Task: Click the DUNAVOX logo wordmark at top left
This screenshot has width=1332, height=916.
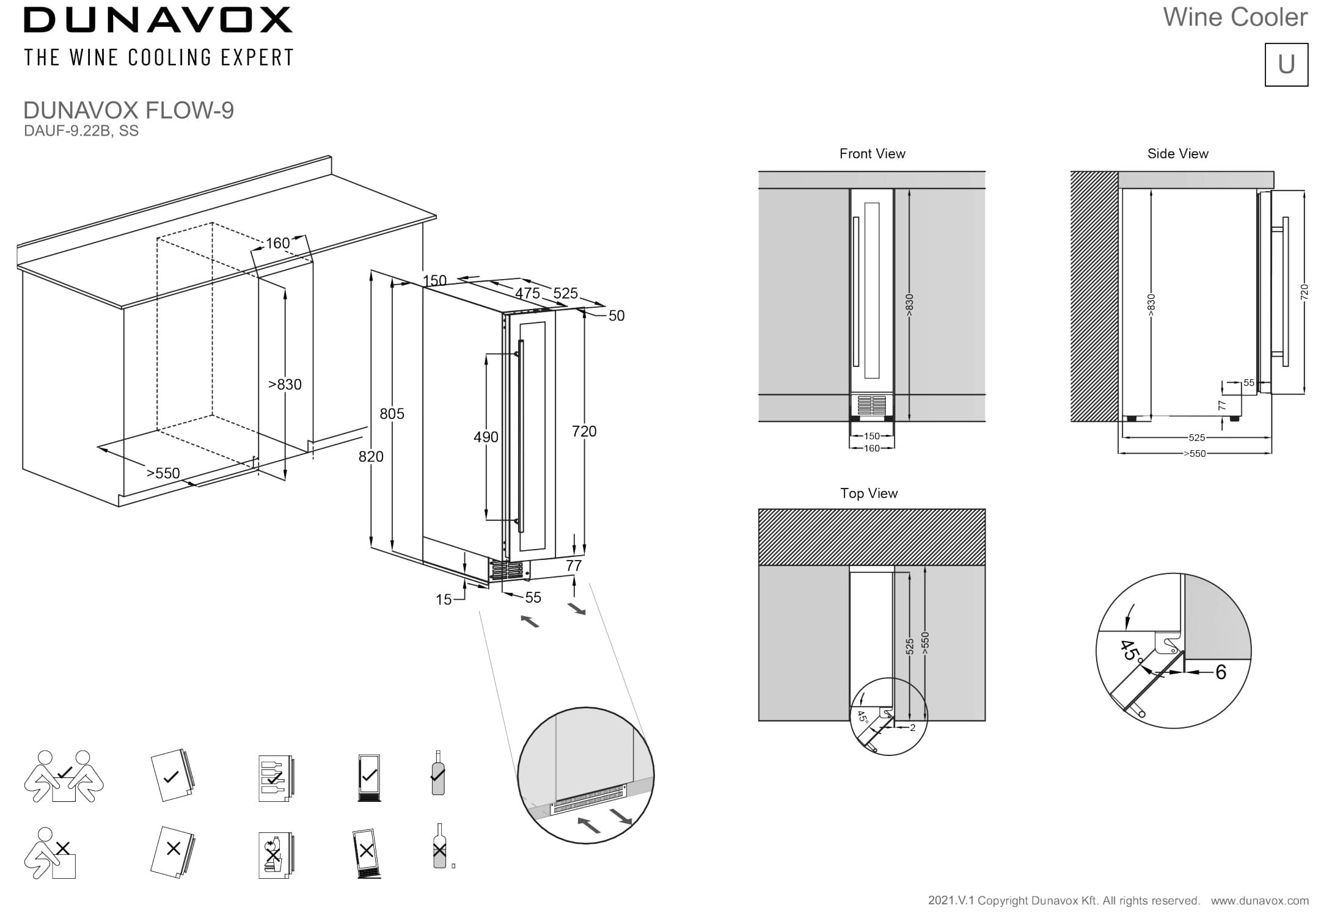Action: coord(158,20)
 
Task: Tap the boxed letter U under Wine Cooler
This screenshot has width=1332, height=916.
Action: coord(1286,64)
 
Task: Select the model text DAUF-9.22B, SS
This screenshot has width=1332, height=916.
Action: coord(81,131)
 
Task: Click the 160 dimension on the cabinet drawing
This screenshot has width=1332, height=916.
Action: coord(277,243)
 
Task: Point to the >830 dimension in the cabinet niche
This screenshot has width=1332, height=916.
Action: coord(285,385)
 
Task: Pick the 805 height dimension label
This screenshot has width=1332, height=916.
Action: coord(392,414)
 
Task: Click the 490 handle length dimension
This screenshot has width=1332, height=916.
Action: coord(486,437)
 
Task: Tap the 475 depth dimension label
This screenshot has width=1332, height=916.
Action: coord(527,293)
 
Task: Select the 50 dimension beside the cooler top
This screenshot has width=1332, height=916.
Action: coord(617,316)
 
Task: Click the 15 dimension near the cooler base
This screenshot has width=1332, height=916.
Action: coord(444,600)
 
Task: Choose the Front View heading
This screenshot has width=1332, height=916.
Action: coord(872,154)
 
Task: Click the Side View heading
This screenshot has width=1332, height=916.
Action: coord(1177,154)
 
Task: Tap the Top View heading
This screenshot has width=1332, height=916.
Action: coord(869,493)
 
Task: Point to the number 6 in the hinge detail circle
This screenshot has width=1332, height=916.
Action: coord(1220,672)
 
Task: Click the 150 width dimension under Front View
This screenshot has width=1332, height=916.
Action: coord(872,436)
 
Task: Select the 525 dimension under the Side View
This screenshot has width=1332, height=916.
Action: coord(1196,438)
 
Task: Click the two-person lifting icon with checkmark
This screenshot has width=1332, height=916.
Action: coord(64,777)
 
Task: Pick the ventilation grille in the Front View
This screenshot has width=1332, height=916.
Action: coord(871,404)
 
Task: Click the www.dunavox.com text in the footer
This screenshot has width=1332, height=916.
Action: coord(1259,901)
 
